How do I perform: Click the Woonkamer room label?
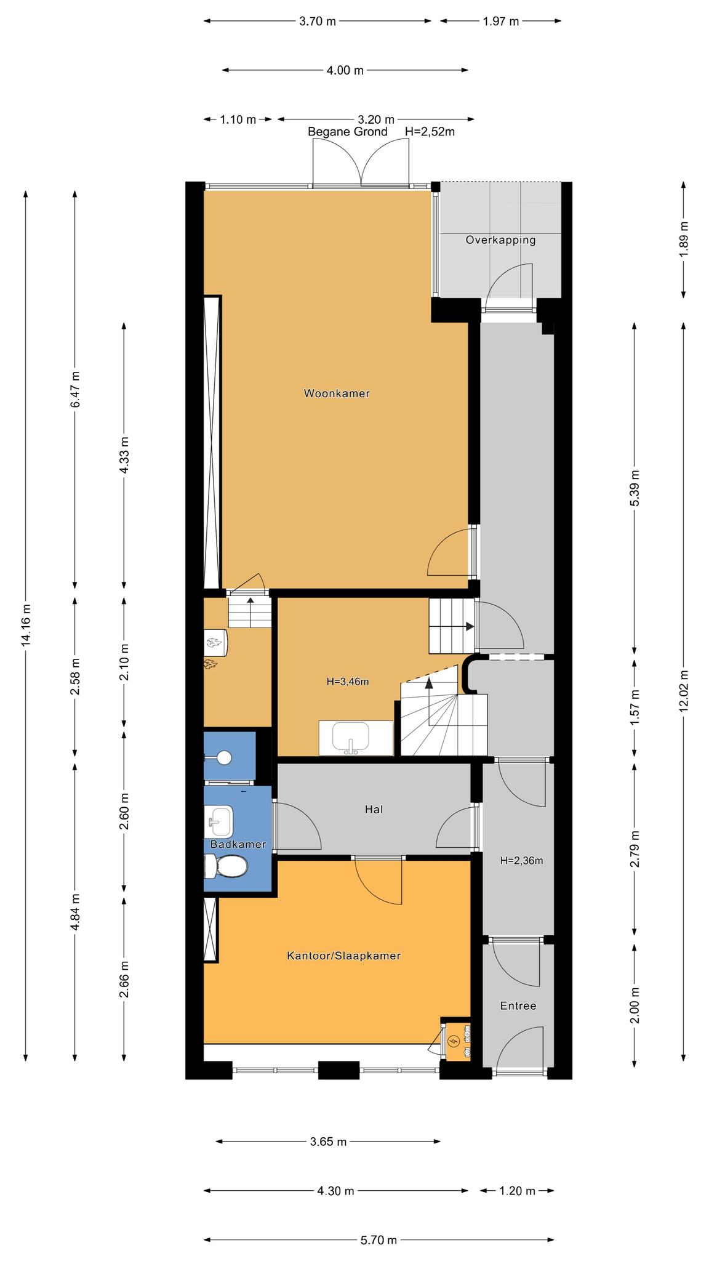pos(337,393)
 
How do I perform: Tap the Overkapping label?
pos(500,240)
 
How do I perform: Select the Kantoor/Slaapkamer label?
pos(343,956)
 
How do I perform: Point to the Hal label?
pos(374,809)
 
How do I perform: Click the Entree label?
pos(518,1006)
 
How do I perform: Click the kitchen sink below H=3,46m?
pos(350,738)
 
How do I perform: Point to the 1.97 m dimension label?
pos(500,22)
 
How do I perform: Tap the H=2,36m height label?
pos(521,861)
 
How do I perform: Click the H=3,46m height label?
pos(347,682)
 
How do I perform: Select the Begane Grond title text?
pos(348,132)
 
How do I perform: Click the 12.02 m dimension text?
pos(683,691)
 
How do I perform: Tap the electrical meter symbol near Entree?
pos(454,1041)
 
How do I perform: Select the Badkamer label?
pos(238,844)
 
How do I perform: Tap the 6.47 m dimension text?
pos(75,390)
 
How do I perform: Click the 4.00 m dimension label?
pos(345,70)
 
